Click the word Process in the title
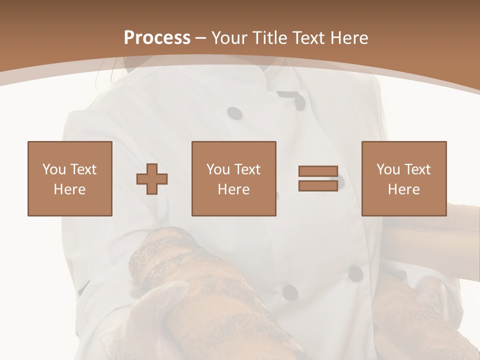(x=157, y=38)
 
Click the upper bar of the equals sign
(x=318, y=171)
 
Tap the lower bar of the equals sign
(x=318, y=185)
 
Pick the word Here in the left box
(x=69, y=189)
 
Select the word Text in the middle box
(x=247, y=169)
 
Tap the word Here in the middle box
(x=233, y=189)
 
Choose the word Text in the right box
(x=417, y=169)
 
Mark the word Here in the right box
(x=403, y=189)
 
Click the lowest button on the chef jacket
(x=289, y=292)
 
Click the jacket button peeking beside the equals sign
(x=341, y=182)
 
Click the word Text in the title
(x=308, y=38)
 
